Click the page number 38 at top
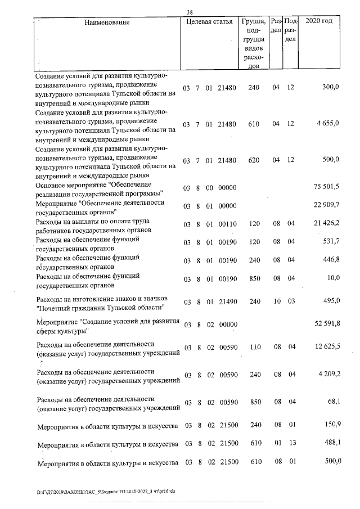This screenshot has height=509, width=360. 190,11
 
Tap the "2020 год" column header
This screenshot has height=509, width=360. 318,21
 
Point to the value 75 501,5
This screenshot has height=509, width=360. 326,187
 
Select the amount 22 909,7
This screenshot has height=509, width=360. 326,205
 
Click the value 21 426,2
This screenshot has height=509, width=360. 326,223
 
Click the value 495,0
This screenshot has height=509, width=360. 331,301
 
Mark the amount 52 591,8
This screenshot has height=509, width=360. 326,325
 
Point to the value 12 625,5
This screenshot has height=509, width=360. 326,349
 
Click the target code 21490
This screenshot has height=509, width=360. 229,301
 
